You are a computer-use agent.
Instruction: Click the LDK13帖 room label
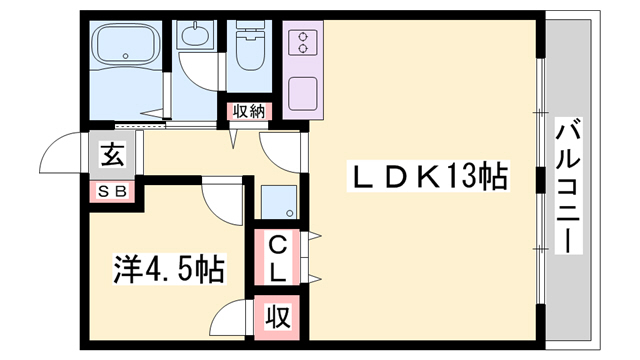point(427,179)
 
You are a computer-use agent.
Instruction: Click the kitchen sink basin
point(299,93)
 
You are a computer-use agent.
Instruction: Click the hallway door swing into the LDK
point(282,150)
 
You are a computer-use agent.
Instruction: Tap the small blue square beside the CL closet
point(278,203)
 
